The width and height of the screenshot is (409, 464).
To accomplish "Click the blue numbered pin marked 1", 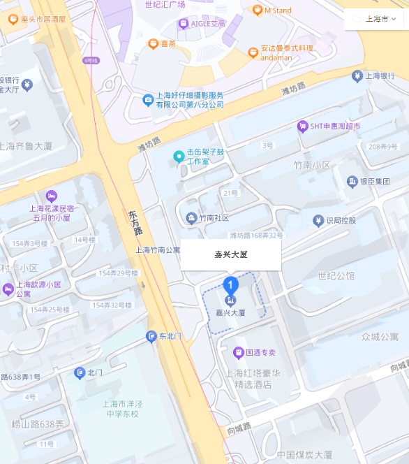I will (230, 285).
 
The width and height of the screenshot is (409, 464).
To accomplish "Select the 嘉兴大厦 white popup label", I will (231, 254).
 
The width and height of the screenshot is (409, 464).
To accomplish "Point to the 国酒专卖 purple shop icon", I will (239, 352).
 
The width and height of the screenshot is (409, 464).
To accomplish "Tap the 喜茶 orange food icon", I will (153, 43).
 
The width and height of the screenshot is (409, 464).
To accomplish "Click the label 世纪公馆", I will (336, 275).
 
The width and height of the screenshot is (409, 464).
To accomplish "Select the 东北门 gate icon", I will (151, 337).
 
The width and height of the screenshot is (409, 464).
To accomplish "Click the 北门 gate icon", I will (80, 373).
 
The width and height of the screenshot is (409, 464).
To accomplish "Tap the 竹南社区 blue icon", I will (191, 218).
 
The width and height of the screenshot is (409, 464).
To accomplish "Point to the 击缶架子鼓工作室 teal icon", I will (179, 156).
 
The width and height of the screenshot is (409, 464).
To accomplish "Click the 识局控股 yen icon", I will (318, 221).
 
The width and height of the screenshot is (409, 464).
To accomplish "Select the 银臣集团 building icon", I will (352, 182).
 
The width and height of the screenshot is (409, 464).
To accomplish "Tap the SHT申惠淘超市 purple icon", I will (303, 126).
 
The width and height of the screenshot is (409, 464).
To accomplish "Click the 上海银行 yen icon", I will (358, 75).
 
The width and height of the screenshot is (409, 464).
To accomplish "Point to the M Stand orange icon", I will (257, 10).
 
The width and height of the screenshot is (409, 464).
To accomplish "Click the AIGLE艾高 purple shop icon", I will (184, 23).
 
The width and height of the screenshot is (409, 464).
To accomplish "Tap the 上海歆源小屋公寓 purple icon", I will (8, 289).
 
